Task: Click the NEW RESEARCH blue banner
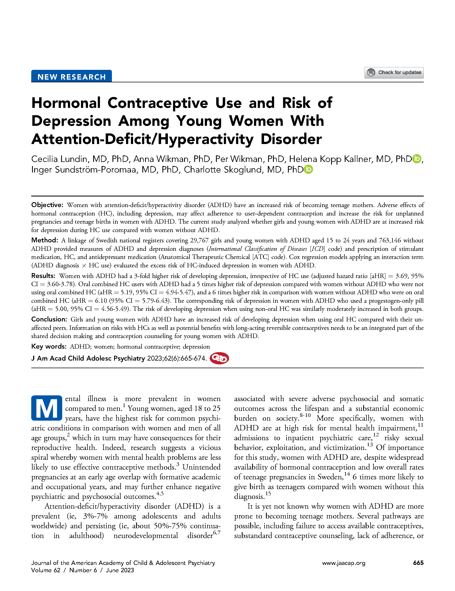71,77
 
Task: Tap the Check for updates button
394,73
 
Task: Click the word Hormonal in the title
66,103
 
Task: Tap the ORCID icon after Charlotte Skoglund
308,170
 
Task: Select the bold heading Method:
45,240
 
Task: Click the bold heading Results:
43,276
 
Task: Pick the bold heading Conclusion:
49,319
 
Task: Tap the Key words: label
49,346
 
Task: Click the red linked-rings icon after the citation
219,358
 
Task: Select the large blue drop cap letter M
47,408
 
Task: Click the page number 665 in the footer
418,563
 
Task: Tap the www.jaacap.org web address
344,563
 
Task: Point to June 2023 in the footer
120,570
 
